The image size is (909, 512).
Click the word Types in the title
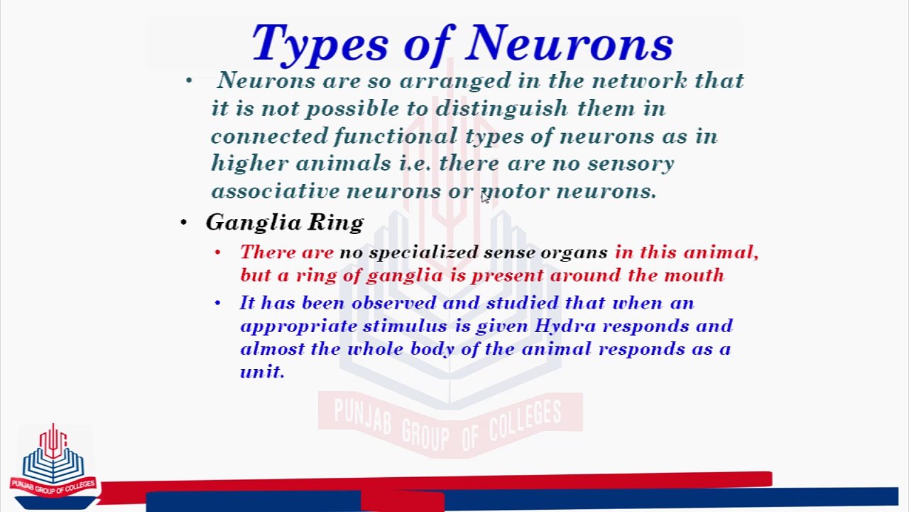click(x=322, y=44)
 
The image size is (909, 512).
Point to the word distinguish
click(x=501, y=109)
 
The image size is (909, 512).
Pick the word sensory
click(x=630, y=164)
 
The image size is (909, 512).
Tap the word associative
click(x=275, y=191)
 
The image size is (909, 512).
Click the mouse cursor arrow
click(x=484, y=198)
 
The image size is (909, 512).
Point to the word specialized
click(x=423, y=252)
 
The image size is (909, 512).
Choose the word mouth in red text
click(x=694, y=275)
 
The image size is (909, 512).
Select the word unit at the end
click(x=261, y=371)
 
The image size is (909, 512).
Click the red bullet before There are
click(x=217, y=252)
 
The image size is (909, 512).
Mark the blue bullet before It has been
click(x=217, y=303)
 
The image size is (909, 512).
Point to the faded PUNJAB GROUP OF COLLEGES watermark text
click(x=449, y=420)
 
